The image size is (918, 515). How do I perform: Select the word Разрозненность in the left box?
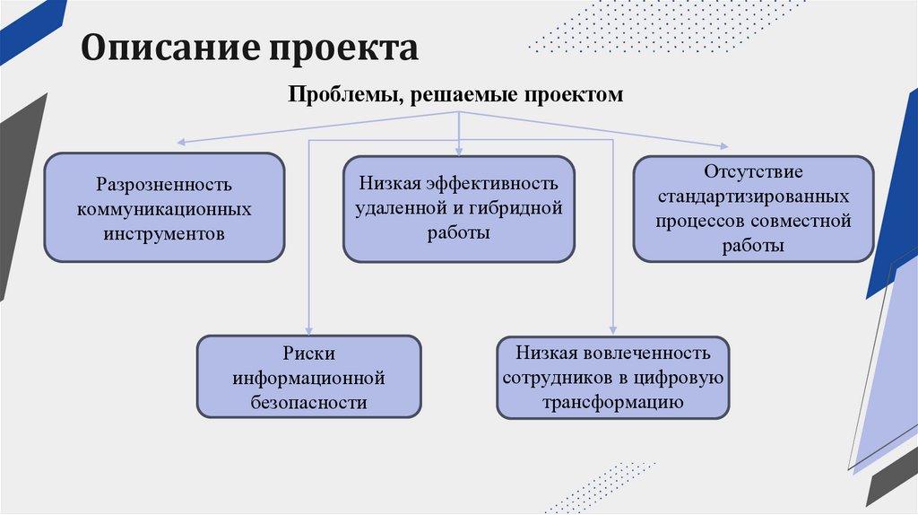pyautogui.click(x=165, y=184)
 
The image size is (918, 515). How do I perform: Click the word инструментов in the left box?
pyautogui.click(x=165, y=233)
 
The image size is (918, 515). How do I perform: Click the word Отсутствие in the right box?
pyautogui.click(x=753, y=170)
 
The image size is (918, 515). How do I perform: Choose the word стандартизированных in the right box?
pyautogui.click(x=753, y=195)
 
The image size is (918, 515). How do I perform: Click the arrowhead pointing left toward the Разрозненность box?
pyautogui.click(x=181, y=142)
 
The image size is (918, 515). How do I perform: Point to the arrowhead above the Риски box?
pyautogui.click(x=308, y=329)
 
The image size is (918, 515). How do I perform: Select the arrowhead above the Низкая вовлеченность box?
pyautogui.click(x=613, y=329)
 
